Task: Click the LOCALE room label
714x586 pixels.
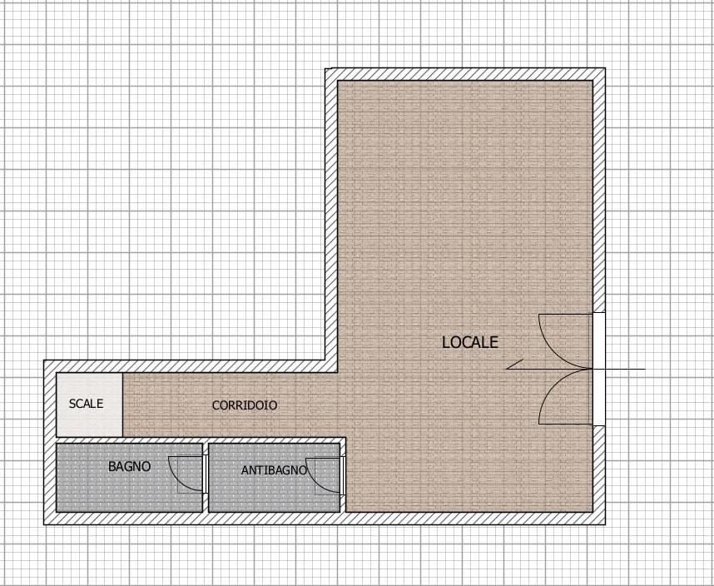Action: click(x=470, y=342)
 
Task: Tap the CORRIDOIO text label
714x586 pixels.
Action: click(x=245, y=405)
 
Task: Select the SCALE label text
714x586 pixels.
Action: click(x=86, y=404)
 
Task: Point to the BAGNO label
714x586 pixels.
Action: click(x=129, y=466)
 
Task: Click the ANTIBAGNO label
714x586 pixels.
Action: click(x=274, y=470)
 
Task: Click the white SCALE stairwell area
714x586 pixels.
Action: click(x=89, y=405)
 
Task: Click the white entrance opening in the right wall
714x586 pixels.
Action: click(x=599, y=369)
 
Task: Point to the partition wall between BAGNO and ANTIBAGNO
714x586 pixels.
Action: click(x=206, y=477)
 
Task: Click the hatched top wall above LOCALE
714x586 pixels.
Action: click(x=465, y=74)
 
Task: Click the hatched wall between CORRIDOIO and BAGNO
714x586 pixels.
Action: click(x=201, y=439)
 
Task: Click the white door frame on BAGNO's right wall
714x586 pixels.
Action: click(x=206, y=474)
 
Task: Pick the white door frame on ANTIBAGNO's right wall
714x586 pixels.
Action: click(x=343, y=476)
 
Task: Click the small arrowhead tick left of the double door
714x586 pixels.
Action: click(x=514, y=365)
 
